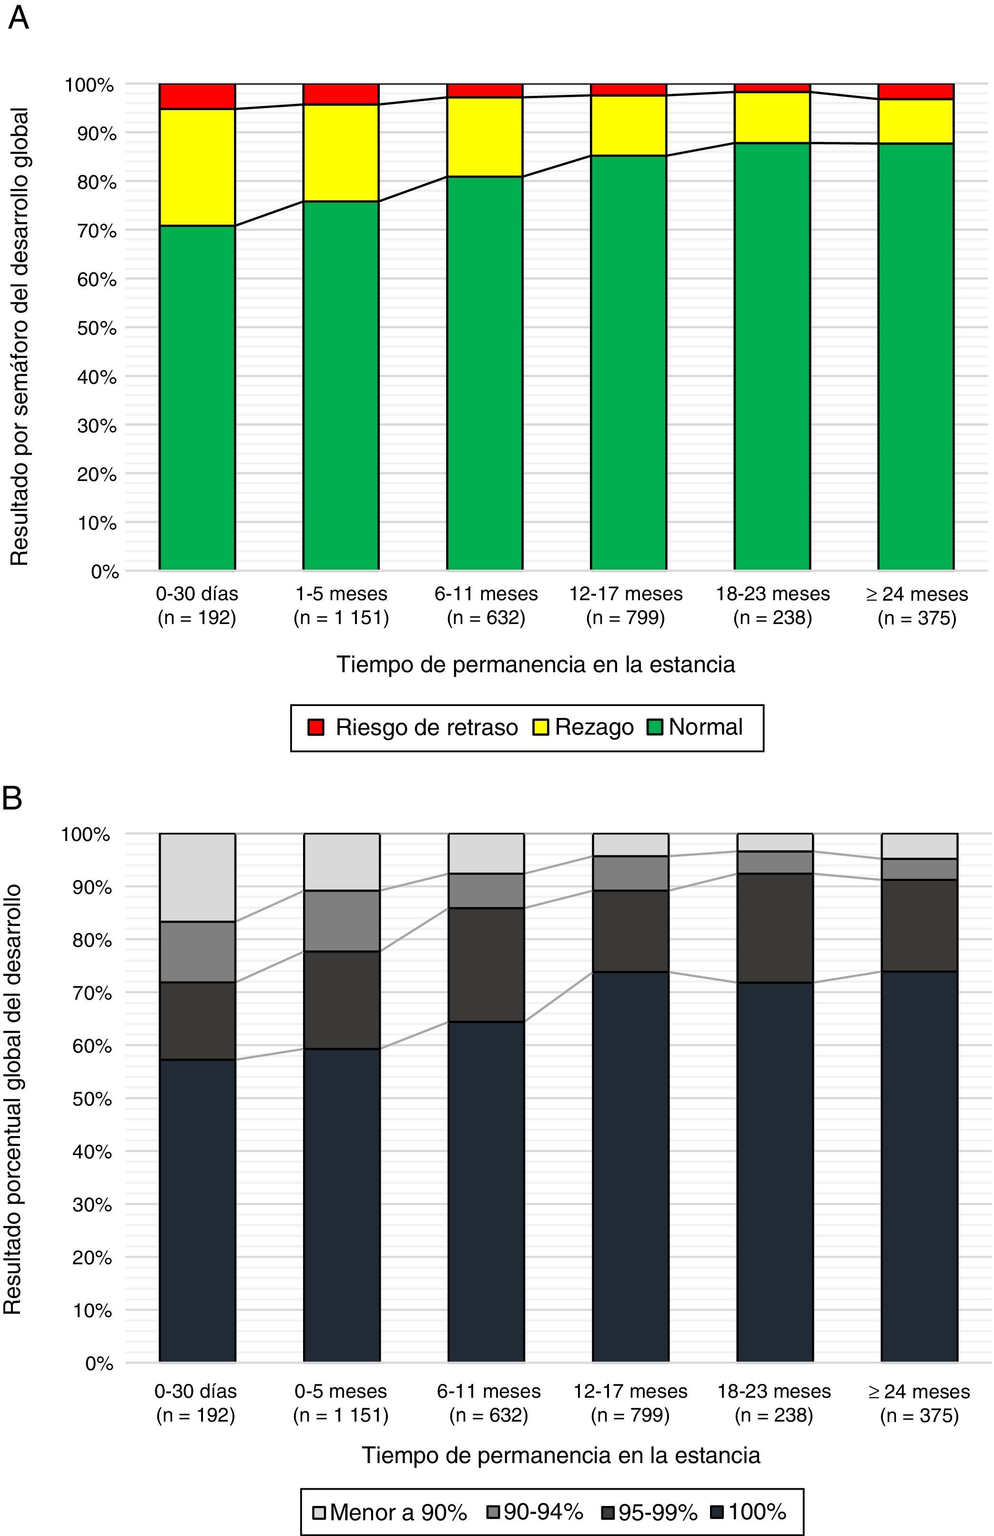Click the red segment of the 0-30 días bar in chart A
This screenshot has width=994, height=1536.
tap(197, 96)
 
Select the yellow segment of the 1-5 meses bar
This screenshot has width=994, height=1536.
tap(341, 153)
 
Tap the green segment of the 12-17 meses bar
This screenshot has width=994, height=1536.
tap(628, 361)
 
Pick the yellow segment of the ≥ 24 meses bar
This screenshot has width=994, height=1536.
tap(916, 122)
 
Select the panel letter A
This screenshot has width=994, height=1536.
tap(18, 18)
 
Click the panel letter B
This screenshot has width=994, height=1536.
tap(13, 799)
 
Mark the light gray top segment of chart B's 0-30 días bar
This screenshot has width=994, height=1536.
tap(197, 877)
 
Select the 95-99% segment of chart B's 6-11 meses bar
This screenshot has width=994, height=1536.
tap(486, 964)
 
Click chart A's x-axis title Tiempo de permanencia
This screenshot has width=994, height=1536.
tap(536, 664)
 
